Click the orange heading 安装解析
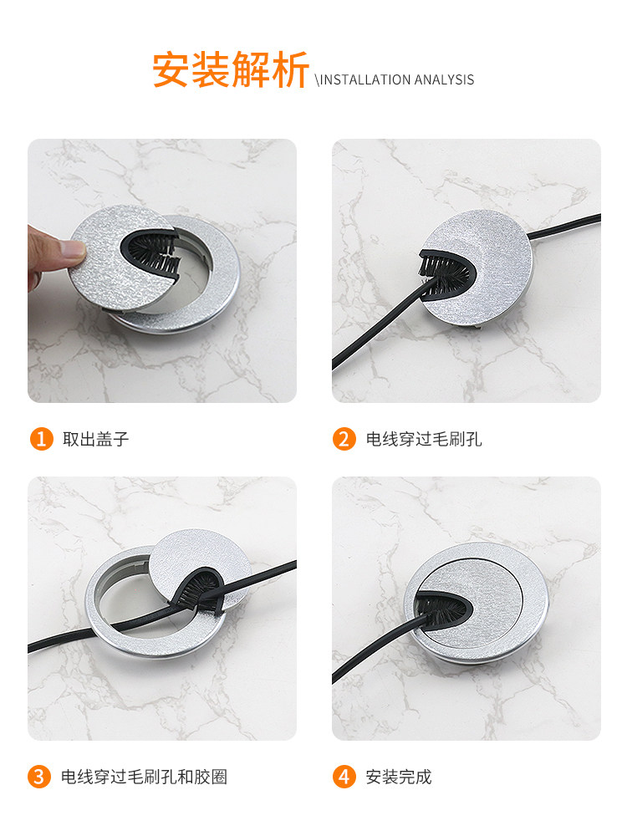tap(231, 69)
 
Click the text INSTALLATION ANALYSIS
tap(396, 80)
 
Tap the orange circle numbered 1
tap(41, 439)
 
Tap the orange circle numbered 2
tap(344, 439)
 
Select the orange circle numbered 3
tap(39, 777)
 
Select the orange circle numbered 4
tap(344, 777)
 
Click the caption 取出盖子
tap(96, 440)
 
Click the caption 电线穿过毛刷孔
tap(424, 440)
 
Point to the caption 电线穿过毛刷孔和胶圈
tap(144, 777)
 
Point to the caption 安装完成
tap(398, 777)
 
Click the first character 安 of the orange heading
tap(171, 69)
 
